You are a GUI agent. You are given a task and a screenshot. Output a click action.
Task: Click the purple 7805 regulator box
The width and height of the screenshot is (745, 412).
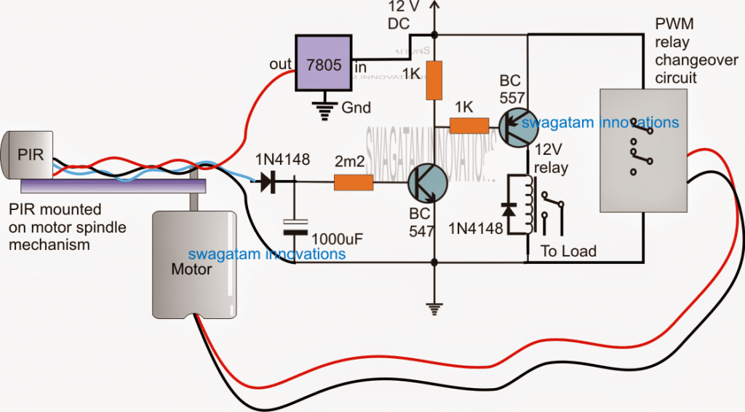(322, 65)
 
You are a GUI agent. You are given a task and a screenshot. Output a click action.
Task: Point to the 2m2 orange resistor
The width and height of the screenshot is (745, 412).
(354, 183)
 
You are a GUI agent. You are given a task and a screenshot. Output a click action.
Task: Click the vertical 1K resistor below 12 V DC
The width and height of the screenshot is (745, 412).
(434, 80)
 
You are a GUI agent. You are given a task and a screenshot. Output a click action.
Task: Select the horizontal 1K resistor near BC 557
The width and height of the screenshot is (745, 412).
(469, 126)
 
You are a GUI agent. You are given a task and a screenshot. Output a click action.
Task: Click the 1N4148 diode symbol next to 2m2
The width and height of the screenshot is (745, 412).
(268, 182)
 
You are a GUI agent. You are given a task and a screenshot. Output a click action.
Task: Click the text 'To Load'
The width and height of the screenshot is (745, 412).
(568, 251)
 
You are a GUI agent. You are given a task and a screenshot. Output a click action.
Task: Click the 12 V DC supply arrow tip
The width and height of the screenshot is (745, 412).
(435, 4)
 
